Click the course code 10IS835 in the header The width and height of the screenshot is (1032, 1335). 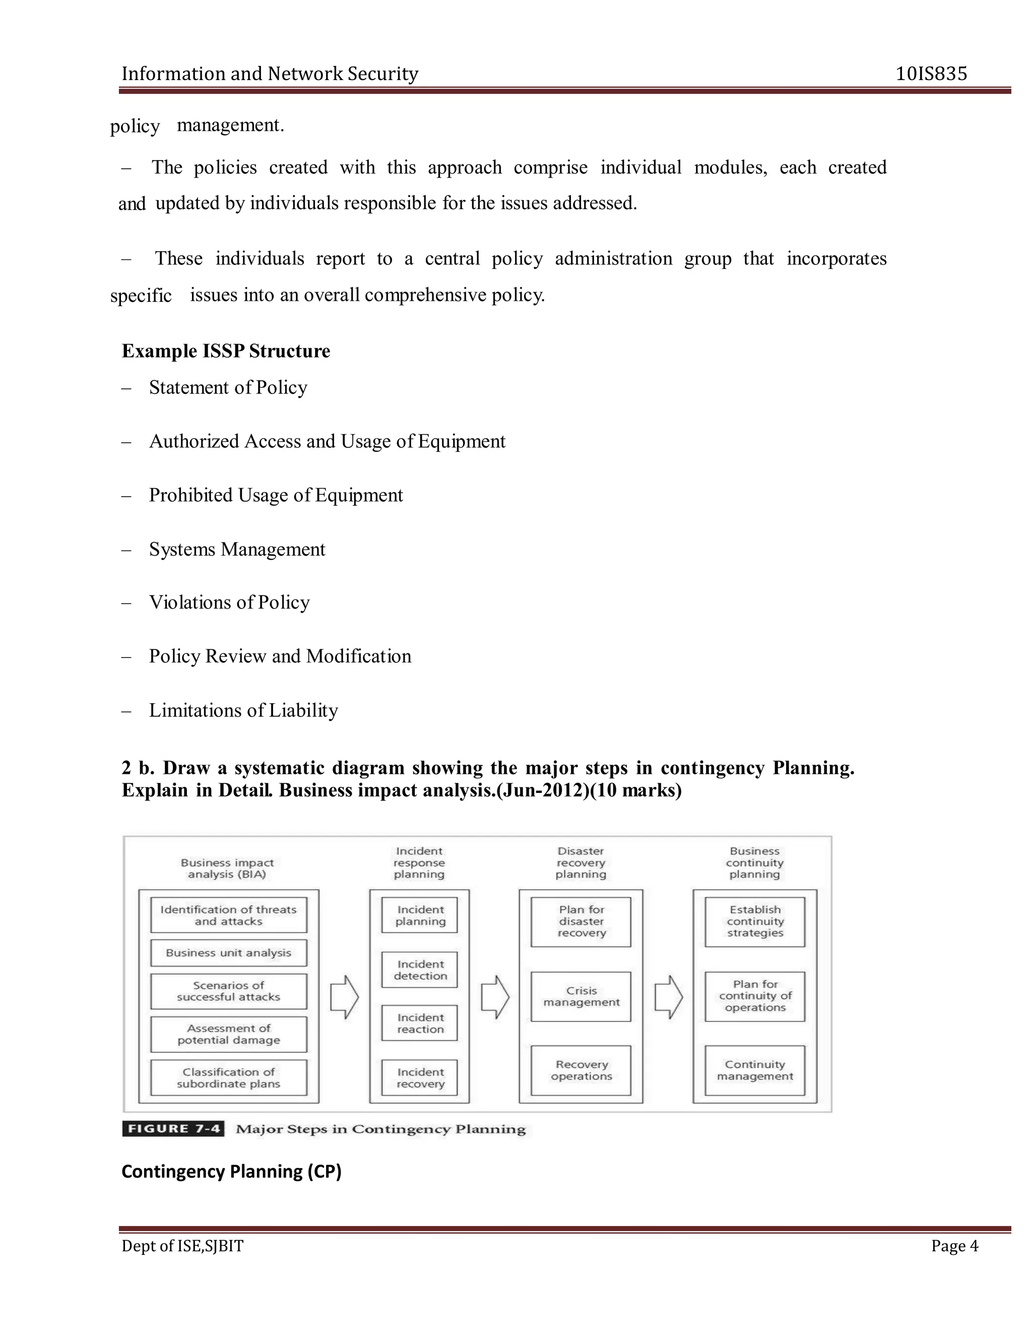pyautogui.click(x=931, y=74)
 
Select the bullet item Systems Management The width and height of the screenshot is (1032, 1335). pyautogui.click(x=237, y=550)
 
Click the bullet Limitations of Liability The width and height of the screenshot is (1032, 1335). pyautogui.click(x=243, y=710)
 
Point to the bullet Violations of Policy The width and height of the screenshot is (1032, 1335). pyautogui.click(x=229, y=603)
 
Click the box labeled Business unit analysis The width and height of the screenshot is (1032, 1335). pyautogui.click(x=229, y=953)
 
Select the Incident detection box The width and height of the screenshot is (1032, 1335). pyautogui.click(x=420, y=970)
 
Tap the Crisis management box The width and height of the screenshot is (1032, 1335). pyautogui.click(x=581, y=996)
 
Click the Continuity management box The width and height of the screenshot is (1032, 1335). pyautogui.click(x=754, y=1071)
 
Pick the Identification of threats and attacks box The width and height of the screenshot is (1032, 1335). pyautogui.click(x=229, y=915)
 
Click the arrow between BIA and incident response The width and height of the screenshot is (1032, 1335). pyautogui.click(x=344, y=997)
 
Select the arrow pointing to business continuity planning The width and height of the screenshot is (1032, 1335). pyautogui.click(x=668, y=997)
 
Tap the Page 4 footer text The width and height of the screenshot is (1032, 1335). pyautogui.click(x=954, y=1246)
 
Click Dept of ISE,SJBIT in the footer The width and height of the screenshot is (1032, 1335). pyautogui.click(x=182, y=1246)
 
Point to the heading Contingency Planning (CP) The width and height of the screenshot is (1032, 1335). pyautogui.click(x=231, y=1172)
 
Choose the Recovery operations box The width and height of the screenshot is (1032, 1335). pyautogui.click(x=581, y=1071)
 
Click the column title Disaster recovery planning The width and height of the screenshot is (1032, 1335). pyautogui.click(x=581, y=862)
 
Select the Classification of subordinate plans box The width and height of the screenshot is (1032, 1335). pyautogui.click(x=229, y=1078)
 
